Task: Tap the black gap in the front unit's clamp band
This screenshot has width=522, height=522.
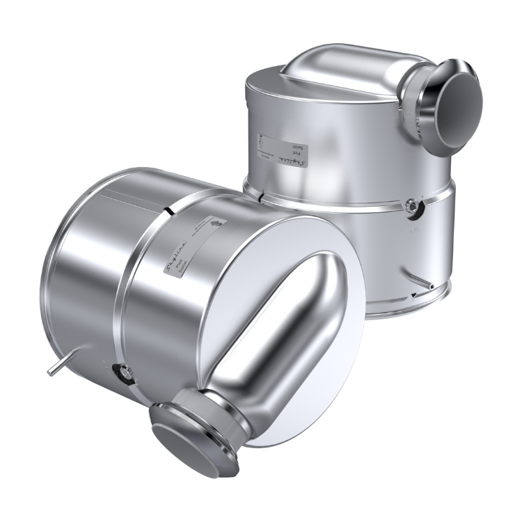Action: click(x=170, y=208)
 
